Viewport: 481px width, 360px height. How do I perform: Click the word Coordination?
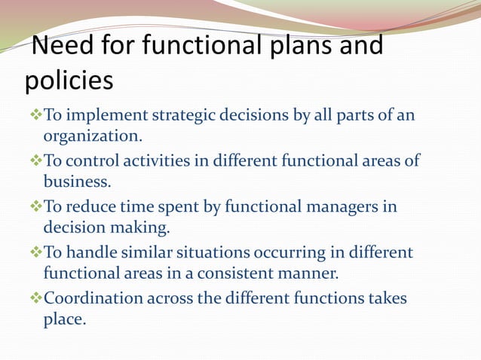pyautogui.click(x=93, y=298)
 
